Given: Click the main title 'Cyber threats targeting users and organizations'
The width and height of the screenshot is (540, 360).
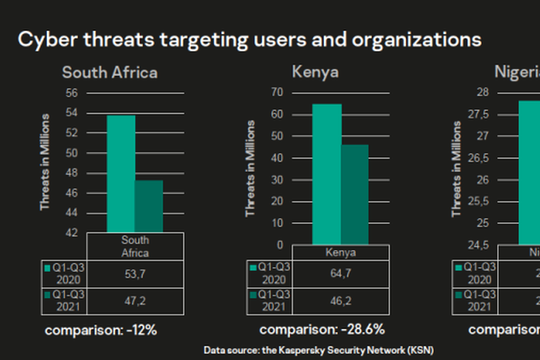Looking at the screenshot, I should (x=249, y=39).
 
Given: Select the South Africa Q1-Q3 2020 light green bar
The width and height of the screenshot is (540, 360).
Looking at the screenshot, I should (x=120, y=173).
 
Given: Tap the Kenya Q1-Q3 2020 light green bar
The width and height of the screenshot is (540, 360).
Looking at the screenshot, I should (x=326, y=174).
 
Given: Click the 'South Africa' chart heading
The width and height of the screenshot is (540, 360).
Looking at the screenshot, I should (x=110, y=73).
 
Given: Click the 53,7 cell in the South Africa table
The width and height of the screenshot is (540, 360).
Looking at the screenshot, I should (x=135, y=274).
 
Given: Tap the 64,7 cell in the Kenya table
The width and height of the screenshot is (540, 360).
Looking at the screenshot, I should (x=340, y=274).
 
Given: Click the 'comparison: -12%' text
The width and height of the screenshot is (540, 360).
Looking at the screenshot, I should (x=100, y=330).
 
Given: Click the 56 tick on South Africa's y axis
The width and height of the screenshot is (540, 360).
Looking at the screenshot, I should (x=71, y=93).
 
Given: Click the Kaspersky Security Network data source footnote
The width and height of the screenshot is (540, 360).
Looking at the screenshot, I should (x=319, y=350).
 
